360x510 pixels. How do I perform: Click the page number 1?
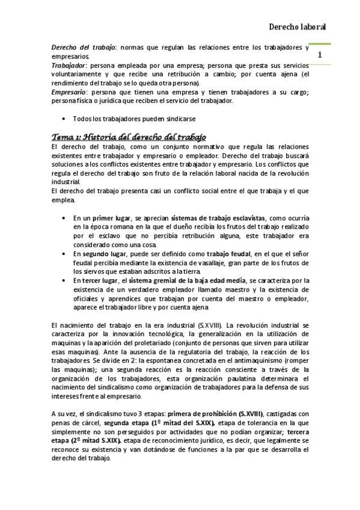point(320,55)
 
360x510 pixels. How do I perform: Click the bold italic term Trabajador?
point(69,65)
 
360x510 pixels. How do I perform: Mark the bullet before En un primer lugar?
point(64,218)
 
